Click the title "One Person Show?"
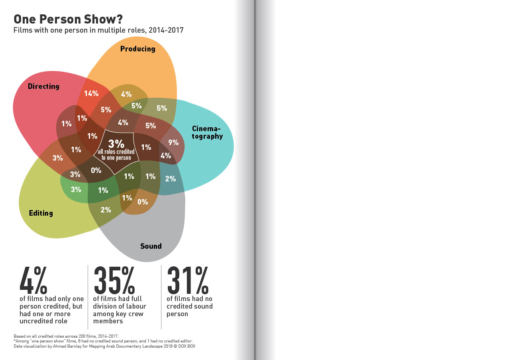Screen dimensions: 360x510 click(x=68, y=19)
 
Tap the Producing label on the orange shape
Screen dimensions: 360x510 click(x=137, y=49)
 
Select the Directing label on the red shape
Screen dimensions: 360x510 click(x=43, y=87)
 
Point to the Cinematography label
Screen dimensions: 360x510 click(x=207, y=132)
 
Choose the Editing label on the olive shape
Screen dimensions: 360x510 click(x=41, y=213)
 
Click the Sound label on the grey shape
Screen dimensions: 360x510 click(x=151, y=246)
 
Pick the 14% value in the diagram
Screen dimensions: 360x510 click(x=91, y=94)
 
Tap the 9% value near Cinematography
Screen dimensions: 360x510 click(x=173, y=142)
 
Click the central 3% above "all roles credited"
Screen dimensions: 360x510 click(x=116, y=144)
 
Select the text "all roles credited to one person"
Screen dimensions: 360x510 click(x=116, y=155)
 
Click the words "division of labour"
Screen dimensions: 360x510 click(x=120, y=307)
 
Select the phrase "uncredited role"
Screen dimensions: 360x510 click(x=43, y=321)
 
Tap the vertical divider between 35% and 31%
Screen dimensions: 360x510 click(x=161, y=297)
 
